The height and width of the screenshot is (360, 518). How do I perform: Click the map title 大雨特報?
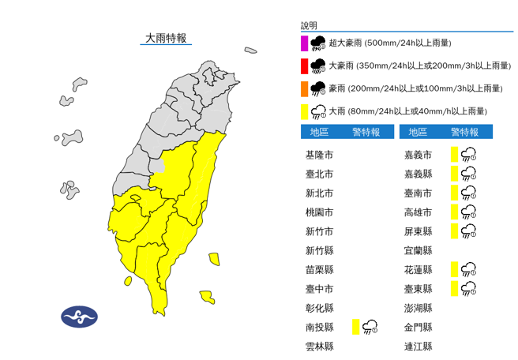pos(166,38)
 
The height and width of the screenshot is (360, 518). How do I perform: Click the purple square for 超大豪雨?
pos(304,43)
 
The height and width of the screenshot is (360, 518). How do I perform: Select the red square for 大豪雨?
pos(304,66)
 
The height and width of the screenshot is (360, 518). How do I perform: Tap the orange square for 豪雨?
pos(304,88)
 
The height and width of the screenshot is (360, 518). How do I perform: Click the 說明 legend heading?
pos(309,26)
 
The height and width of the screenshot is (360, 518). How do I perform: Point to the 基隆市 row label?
pos(319,155)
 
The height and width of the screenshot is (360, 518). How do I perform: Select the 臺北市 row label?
pos(319,174)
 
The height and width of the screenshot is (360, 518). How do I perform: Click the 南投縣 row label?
pos(319,327)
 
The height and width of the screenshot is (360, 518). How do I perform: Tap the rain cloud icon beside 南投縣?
pos(370,327)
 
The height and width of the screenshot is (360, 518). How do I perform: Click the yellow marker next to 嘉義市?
pos(455,154)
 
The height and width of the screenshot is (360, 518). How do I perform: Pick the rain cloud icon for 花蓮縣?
pos(468,269)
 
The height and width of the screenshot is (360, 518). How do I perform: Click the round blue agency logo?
pos(80,317)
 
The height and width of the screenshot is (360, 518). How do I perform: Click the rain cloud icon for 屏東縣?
pos(468,231)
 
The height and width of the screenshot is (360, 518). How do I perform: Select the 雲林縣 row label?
pos(319,346)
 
